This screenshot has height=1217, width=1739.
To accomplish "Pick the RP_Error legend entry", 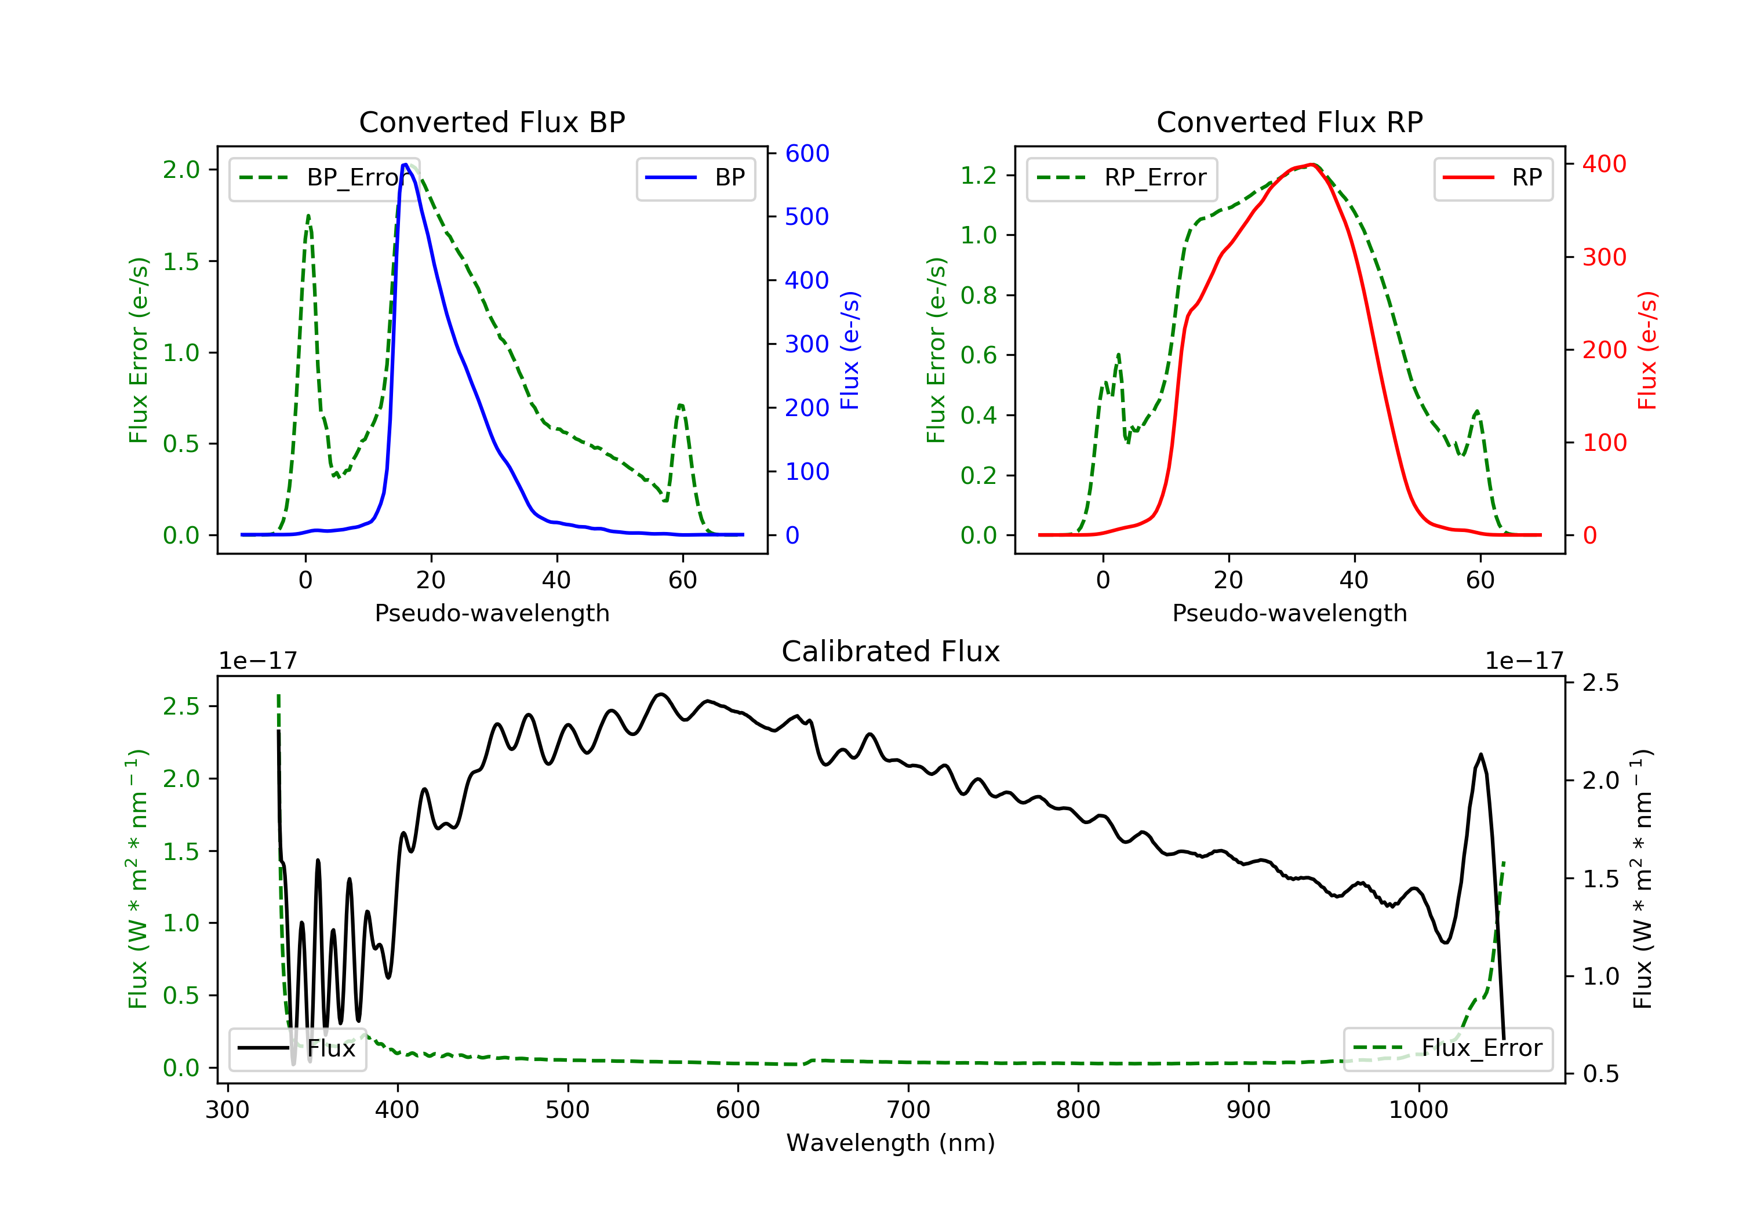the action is [1121, 178].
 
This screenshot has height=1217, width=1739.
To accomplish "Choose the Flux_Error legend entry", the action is [1447, 1048].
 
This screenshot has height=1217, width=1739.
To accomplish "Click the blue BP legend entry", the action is [695, 178].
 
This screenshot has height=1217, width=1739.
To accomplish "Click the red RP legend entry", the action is [1492, 178].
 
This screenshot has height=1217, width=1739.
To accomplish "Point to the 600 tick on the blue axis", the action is [807, 154].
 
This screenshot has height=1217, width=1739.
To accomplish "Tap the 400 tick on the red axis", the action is [1604, 165].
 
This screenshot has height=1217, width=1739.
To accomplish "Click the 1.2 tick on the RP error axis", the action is [978, 176].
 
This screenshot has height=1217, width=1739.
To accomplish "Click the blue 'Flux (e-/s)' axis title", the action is [850, 351].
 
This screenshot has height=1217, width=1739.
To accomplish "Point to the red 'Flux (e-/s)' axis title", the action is [1647, 351].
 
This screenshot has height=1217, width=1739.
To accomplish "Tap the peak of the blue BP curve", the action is [406, 165].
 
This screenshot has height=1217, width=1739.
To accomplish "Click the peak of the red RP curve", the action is [1311, 165].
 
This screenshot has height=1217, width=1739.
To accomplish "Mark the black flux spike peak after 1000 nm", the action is [1480, 755].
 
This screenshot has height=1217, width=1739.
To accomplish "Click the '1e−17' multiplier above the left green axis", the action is [257, 661].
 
